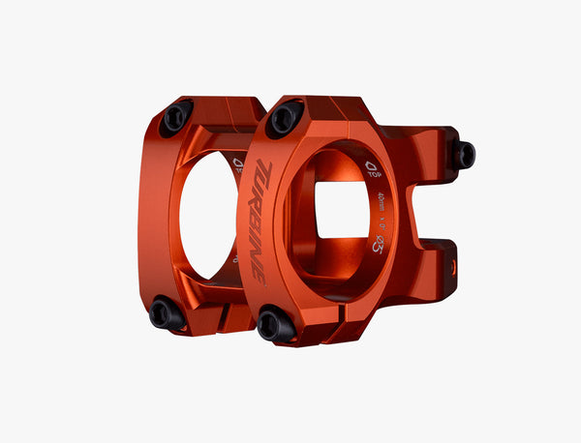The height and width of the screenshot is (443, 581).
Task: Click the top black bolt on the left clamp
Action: tap(176, 118)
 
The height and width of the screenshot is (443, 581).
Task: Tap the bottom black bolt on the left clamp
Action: tap(166, 313)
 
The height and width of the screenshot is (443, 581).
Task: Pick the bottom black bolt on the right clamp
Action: tap(275, 324)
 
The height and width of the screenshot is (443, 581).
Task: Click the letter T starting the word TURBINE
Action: tap(264, 173)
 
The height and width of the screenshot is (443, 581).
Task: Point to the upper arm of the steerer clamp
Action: tap(426, 155)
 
